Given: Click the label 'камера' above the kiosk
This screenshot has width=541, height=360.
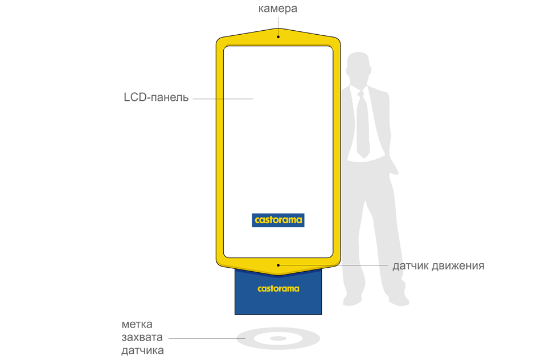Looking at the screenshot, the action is click(277, 9).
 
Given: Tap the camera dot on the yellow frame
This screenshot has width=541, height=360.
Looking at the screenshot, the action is click(278, 36).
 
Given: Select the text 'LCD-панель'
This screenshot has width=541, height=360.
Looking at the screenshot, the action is click(156, 97).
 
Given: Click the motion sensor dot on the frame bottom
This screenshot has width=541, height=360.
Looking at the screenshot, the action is click(278, 265).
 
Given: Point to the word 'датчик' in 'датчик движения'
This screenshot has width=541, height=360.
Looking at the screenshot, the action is click(410, 266).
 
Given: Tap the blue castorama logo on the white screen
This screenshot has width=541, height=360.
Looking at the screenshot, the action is click(278, 220).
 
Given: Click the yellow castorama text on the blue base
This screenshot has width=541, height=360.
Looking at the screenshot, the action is click(278, 289).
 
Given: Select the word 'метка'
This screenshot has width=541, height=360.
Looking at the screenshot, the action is click(137, 325).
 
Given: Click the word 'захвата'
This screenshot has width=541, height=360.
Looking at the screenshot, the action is click(142, 337).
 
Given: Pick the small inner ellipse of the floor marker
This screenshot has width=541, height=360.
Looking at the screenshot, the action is click(278, 338).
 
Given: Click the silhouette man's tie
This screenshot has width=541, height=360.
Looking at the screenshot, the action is click(363, 124).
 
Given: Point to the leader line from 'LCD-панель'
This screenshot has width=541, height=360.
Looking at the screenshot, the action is click(223, 99).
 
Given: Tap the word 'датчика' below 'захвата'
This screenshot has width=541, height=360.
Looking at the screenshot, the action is click(142, 351).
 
